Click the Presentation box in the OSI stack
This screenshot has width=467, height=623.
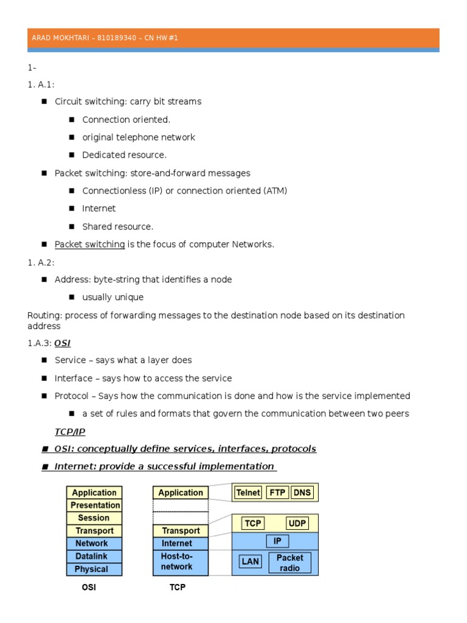click(94, 505)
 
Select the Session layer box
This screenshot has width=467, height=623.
click(94, 518)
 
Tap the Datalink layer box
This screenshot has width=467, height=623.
click(94, 556)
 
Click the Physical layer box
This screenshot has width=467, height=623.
click(94, 569)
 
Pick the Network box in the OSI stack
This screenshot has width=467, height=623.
click(94, 543)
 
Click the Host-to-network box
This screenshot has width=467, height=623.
click(180, 562)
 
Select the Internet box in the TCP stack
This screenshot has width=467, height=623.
click(180, 543)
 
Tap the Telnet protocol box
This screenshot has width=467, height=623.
click(248, 493)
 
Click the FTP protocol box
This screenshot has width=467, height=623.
click(277, 493)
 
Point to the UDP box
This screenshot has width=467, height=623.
click(297, 523)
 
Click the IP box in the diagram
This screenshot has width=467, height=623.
click(277, 541)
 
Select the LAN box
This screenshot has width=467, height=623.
click(250, 562)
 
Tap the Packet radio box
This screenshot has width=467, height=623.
click(289, 563)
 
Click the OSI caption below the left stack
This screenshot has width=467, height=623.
click(89, 588)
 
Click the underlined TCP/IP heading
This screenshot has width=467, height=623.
click(70, 431)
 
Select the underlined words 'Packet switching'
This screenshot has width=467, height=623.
click(90, 245)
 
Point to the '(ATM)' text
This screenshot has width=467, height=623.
click(275, 191)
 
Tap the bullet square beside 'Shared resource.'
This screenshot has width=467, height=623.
click(72, 227)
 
